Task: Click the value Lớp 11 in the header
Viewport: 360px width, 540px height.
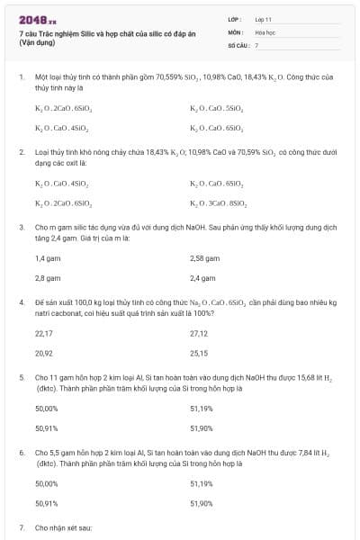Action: pos(262,18)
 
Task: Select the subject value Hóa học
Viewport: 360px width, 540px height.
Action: pos(264,31)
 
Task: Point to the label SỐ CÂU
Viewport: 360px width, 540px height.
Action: pos(238,43)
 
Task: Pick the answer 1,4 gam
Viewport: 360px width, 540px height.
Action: pos(47,258)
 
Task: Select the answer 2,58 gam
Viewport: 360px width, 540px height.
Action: pos(204,258)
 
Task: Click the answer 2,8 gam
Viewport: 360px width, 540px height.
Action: pos(47,278)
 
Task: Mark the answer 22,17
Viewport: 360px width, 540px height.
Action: pos(43,333)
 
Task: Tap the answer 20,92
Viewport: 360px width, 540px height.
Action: pos(43,353)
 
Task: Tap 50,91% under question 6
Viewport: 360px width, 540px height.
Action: pos(46,503)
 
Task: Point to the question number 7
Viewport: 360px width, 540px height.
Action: pos(22,526)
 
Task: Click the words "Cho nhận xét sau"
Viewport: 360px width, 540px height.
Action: pos(63,526)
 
